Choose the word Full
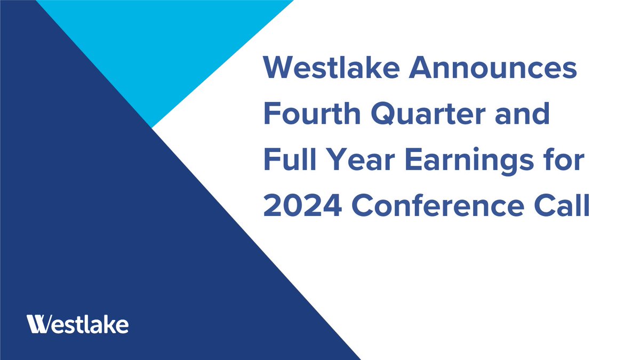(x=291, y=161)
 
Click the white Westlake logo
(x=77, y=324)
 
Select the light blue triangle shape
(x=160, y=48)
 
